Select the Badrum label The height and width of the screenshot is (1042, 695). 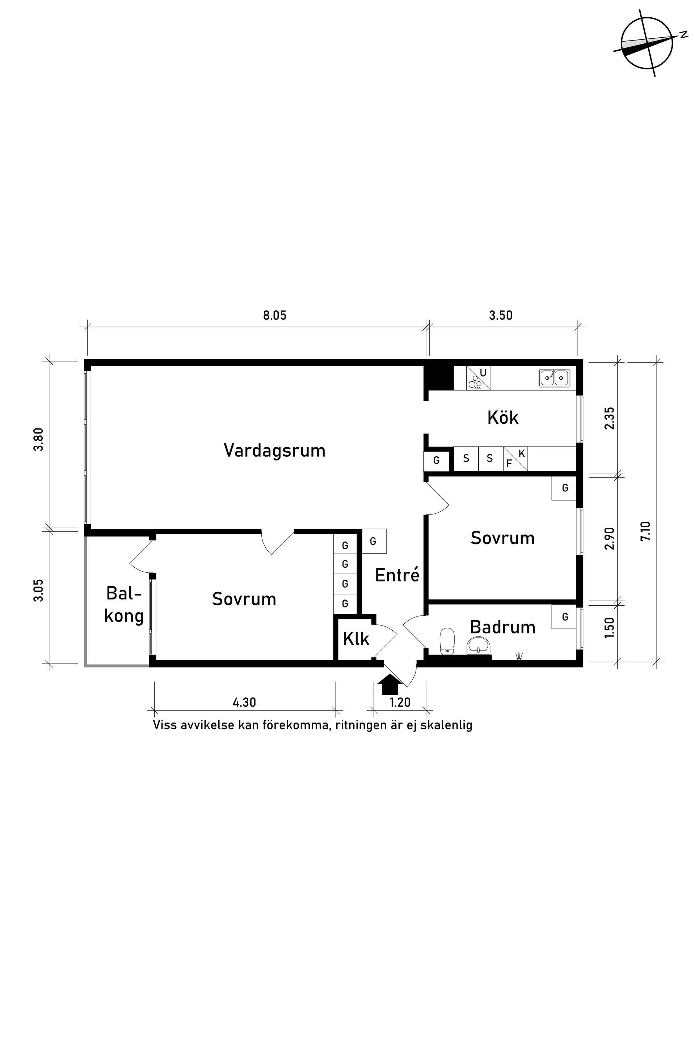point(503,627)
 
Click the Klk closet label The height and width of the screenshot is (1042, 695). point(356,639)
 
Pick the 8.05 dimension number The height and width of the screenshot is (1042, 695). point(275,315)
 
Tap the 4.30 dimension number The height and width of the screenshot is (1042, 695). point(244,703)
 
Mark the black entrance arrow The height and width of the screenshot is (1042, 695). point(389,685)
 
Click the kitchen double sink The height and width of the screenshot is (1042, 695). point(555,378)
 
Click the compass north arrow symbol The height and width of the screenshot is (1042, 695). point(647,43)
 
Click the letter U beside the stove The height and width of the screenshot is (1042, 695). point(483,373)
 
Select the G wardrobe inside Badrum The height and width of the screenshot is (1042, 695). point(564,617)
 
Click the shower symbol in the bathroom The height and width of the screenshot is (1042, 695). point(519,656)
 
